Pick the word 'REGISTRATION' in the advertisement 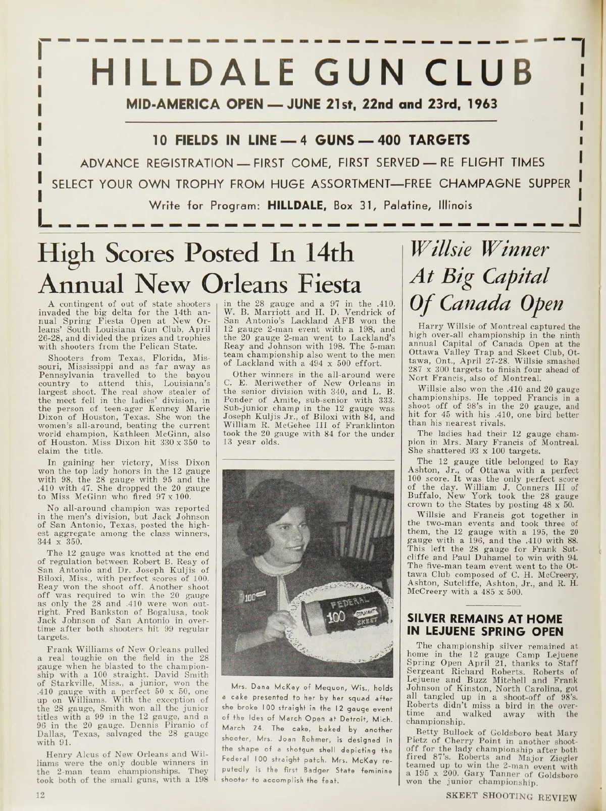tap(206, 162)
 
